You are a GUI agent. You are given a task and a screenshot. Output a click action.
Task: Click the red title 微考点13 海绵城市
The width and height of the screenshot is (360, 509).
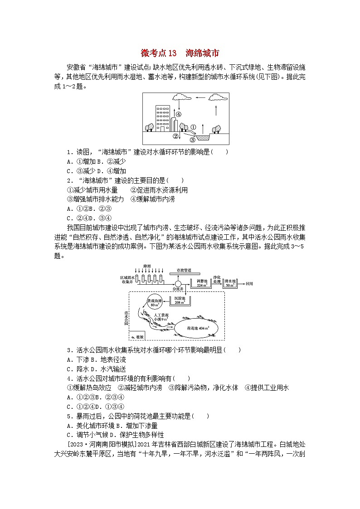tap(180, 53)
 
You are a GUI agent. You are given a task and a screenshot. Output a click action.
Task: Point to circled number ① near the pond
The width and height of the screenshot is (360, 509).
tap(192, 127)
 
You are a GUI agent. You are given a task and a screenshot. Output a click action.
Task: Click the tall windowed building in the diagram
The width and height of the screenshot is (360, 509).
tap(162, 117)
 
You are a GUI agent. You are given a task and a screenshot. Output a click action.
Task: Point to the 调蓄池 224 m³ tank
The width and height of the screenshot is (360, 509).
tap(201, 284)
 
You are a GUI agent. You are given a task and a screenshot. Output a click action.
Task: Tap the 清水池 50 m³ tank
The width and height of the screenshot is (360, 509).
tap(229, 284)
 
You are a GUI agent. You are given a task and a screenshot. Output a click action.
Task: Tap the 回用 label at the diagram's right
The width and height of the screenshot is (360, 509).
tap(249, 283)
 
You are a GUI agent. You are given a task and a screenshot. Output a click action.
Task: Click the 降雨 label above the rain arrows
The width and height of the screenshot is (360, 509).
tap(147, 266)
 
